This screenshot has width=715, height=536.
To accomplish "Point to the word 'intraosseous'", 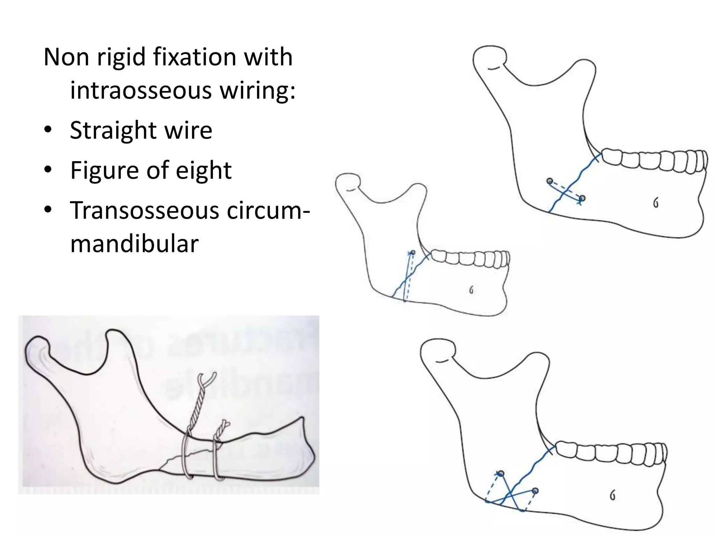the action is [x=141, y=90].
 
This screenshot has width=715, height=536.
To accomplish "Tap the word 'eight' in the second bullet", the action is [x=204, y=170].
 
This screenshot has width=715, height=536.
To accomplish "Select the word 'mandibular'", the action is [x=134, y=244].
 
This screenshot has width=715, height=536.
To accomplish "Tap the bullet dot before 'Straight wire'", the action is [x=48, y=131].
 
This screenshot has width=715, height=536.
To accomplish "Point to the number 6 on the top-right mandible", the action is [x=656, y=203].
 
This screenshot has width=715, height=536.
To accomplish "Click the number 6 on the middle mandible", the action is [x=471, y=290].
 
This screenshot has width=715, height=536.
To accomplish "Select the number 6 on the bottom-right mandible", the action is [x=612, y=496].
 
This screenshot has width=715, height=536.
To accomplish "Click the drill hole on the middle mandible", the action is [x=413, y=252].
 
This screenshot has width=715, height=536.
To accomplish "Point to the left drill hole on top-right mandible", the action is [x=550, y=181].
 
